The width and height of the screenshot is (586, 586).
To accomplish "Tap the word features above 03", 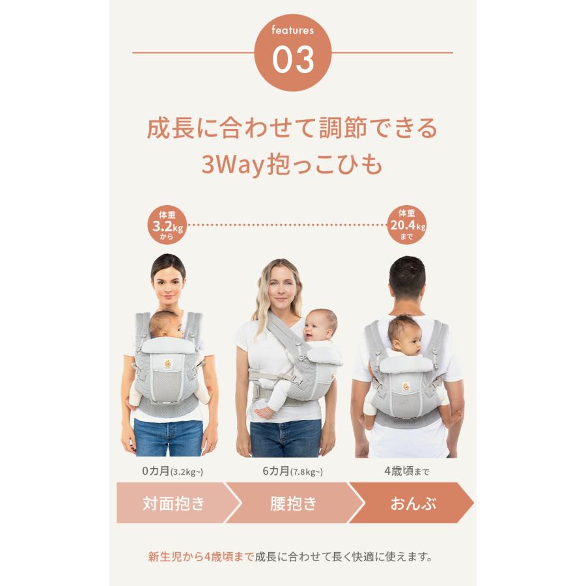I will (x=293, y=30).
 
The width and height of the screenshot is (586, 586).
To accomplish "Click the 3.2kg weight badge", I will (x=167, y=225).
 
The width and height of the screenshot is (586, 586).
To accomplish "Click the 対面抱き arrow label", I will (x=173, y=503).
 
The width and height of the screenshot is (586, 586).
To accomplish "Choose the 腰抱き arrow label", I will (x=293, y=503).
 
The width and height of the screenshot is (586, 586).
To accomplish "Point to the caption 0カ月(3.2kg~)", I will (x=169, y=471).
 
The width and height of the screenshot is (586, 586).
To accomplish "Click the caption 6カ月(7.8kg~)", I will (x=292, y=471).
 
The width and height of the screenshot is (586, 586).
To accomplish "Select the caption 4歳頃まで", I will (x=408, y=471).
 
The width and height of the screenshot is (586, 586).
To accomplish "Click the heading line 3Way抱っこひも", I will (x=292, y=165).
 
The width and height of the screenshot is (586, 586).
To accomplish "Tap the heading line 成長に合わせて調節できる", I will (x=292, y=128).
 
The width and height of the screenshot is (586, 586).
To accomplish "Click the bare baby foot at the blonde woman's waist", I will (x=263, y=412).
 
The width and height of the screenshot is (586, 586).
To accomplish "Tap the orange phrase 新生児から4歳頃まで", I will (x=201, y=557).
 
